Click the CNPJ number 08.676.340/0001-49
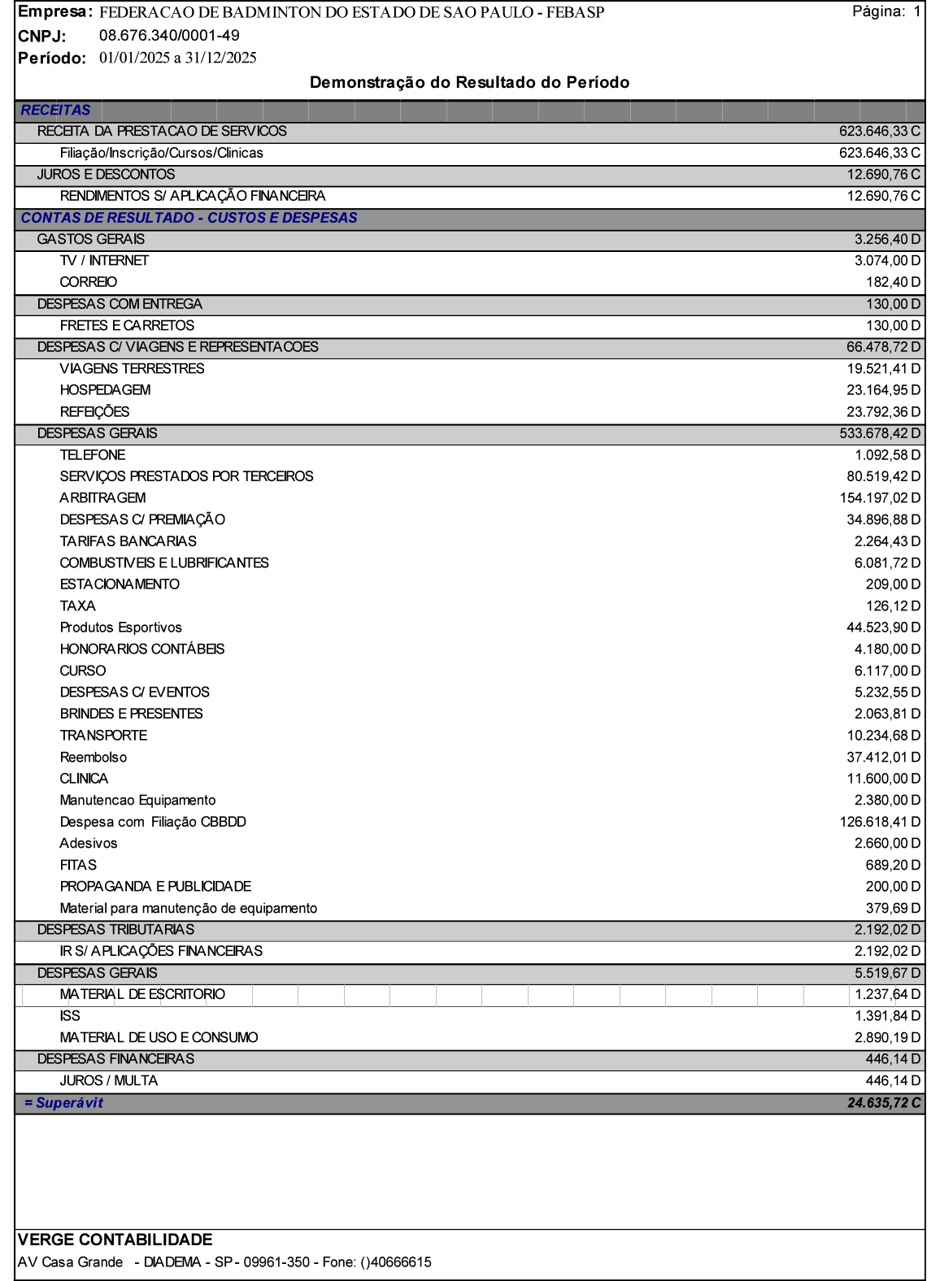(169, 36)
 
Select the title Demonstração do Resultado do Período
(469, 83)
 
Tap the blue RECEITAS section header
(56, 111)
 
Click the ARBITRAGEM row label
(102, 498)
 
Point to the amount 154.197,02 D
(880, 498)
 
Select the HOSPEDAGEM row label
(105, 390)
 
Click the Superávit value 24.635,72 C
(883, 1103)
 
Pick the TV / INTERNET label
(104, 261)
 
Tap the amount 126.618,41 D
(880, 822)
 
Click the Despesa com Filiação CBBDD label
(153, 822)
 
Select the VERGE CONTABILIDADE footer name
(115, 1240)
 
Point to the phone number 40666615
(401, 1262)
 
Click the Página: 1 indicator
(886, 11)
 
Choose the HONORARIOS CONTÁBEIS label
(142, 649)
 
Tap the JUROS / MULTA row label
(109, 1081)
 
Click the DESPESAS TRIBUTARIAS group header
(115, 930)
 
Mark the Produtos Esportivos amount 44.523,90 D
(883, 627)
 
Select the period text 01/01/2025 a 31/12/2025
(177, 58)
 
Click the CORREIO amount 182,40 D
(893, 283)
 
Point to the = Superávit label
(64, 1103)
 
